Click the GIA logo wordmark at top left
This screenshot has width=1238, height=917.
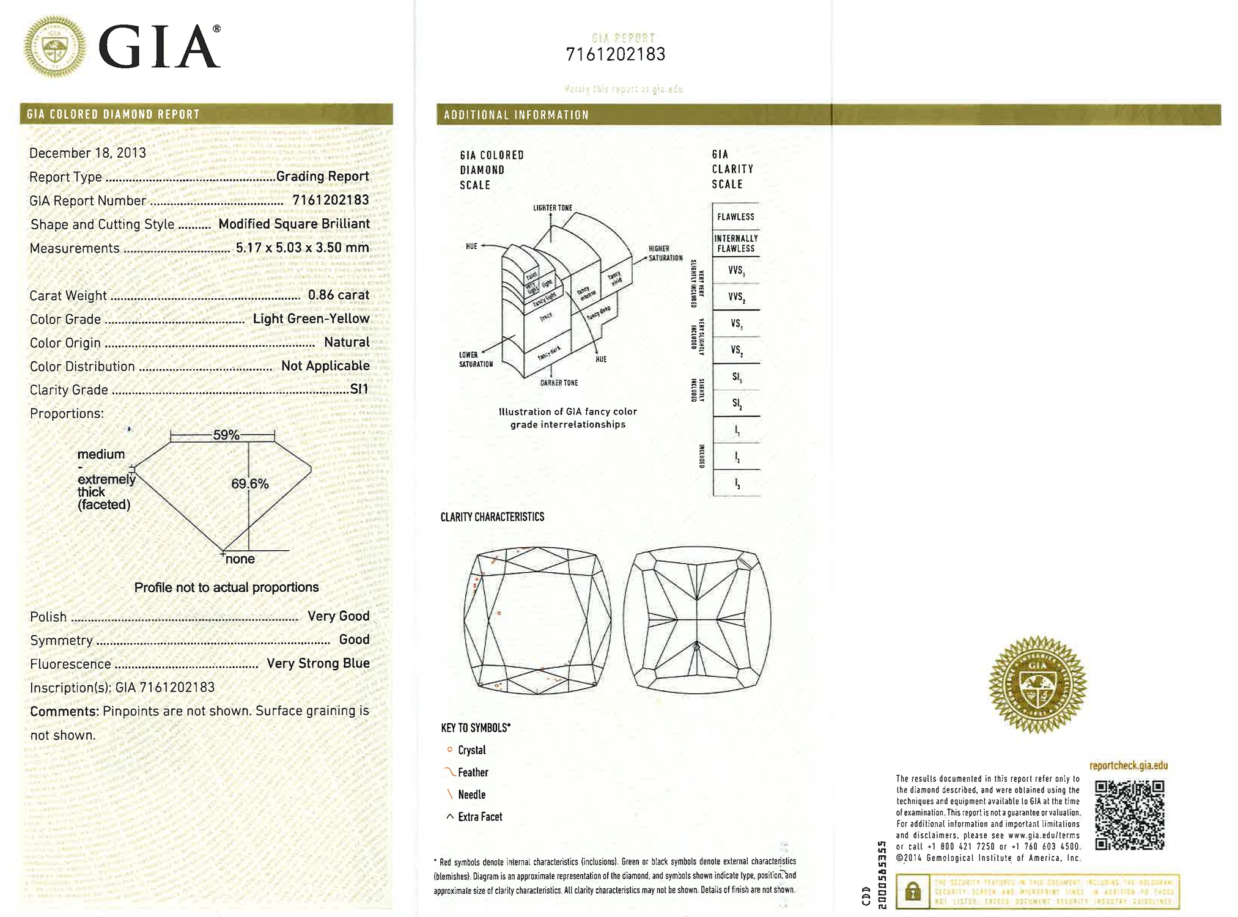coord(158,48)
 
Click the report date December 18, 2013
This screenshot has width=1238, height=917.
coord(87,153)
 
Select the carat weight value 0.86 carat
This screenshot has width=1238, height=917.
coord(338,295)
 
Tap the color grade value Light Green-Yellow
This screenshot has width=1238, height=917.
coord(311,319)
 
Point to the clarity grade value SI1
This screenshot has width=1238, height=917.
coord(359,389)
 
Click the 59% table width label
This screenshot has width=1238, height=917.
coord(226,435)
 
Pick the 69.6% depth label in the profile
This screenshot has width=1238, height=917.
coord(249,484)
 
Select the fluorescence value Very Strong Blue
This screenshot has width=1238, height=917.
coord(318,663)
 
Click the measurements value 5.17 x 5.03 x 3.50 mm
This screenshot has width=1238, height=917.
coord(302,248)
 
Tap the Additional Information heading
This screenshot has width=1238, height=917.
coord(516,115)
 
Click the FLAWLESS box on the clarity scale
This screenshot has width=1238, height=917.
coord(735,216)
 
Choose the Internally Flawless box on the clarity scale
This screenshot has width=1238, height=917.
coord(735,243)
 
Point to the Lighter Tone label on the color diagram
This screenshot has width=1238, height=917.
coord(553,208)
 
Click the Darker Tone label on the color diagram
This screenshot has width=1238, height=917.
coord(559,383)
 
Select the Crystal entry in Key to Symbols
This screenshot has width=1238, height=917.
coord(471,750)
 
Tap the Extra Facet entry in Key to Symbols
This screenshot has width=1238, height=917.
coord(479,817)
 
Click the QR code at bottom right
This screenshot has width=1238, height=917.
coord(1129,814)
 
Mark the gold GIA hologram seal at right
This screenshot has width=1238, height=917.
coord(1037,684)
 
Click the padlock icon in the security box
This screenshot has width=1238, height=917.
coord(913,891)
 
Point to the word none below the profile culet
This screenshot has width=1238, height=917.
coord(240,559)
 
